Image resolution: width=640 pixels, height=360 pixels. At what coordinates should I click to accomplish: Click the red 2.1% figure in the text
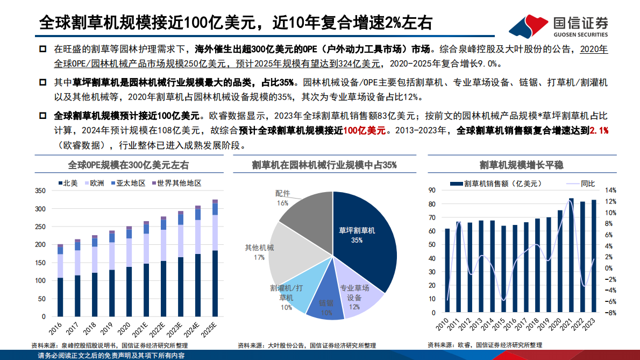click(x=599, y=131)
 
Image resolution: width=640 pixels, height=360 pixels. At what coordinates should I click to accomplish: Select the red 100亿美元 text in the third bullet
click(x=365, y=131)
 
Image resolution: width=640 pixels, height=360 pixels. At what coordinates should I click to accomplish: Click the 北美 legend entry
click(x=67, y=183)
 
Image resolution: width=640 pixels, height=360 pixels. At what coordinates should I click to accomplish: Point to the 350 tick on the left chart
click(x=40, y=190)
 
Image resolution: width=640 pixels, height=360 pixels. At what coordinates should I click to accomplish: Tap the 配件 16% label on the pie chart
click(x=282, y=197)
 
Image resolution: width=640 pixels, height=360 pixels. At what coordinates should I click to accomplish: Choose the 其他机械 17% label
click(x=259, y=252)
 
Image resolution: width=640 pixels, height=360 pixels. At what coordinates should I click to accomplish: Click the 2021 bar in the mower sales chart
click(x=571, y=256)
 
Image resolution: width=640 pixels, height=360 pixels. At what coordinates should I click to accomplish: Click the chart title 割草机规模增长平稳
click(x=525, y=165)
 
